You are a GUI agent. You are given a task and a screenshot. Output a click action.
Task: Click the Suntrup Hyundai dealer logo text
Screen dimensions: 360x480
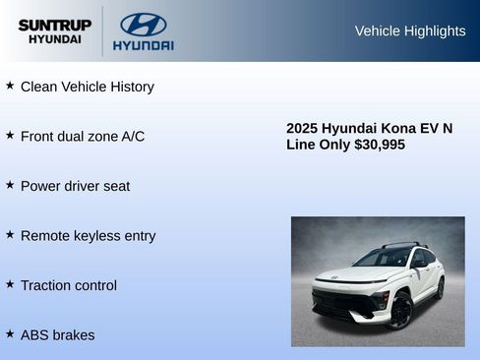click(x=54, y=30)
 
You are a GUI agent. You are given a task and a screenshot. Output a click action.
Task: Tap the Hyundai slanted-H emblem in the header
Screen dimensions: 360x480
click(x=143, y=24)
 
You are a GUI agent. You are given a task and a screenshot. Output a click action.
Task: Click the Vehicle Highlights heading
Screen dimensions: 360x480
click(x=409, y=30)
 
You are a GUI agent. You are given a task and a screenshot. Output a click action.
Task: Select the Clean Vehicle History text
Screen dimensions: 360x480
click(x=87, y=87)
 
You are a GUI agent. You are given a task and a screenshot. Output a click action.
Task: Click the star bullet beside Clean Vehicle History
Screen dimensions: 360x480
click(x=10, y=86)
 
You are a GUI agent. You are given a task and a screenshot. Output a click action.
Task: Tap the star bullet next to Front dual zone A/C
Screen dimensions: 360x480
click(x=10, y=135)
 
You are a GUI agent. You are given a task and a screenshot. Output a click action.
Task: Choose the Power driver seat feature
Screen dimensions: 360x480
click(x=75, y=186)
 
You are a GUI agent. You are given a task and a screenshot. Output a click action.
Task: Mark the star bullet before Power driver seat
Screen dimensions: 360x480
click(x=10, y=185)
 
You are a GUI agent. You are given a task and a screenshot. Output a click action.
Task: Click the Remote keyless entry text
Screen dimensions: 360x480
click(x=88, y=235)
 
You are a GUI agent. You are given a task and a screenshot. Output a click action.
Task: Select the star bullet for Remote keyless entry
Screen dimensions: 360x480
click(x=10, y=234)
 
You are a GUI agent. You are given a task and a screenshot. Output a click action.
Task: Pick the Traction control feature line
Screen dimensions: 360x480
click(x=68, y=285)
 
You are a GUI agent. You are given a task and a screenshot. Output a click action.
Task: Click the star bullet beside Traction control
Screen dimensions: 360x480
click(x=10, y=284)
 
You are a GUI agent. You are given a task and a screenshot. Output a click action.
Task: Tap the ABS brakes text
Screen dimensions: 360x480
click(x=57, y=335)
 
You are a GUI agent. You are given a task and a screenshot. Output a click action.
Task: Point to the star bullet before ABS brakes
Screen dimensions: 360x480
click(x=10, y=334)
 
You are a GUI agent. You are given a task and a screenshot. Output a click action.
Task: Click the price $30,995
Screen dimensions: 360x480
click(x=379, y=145)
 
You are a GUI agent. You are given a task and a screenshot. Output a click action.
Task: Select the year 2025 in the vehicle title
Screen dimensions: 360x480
click(x=303, y=128)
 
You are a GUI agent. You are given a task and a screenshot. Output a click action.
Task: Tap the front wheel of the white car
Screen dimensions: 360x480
click(x=401, y=311)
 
